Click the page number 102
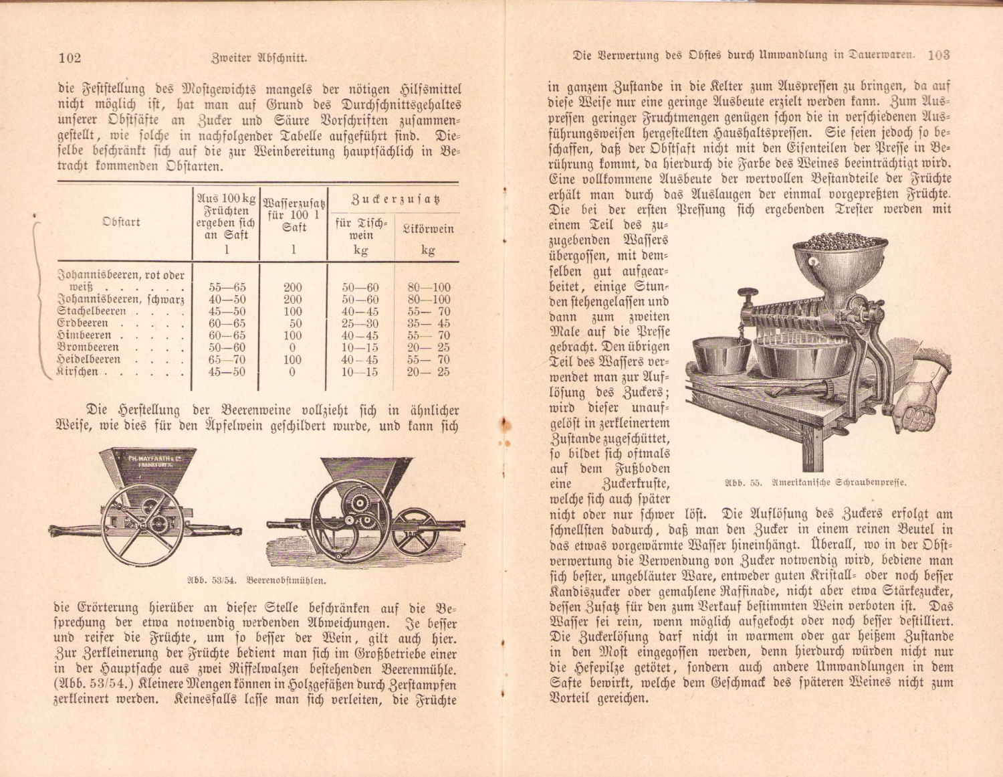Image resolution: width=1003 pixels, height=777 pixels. (70, 58)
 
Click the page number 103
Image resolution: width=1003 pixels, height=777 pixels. (939, 56)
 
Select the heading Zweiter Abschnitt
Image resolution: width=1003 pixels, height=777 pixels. (259, 58)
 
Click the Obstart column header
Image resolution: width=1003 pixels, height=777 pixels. (122, 222)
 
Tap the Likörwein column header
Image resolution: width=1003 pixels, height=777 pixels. (428, 229)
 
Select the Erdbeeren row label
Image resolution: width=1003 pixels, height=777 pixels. (83, 323)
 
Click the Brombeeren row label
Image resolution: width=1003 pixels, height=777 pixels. (89, 347)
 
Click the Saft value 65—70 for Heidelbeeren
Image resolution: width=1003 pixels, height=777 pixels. (227, 359)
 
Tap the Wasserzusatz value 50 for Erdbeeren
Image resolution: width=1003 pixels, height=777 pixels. (292, 323)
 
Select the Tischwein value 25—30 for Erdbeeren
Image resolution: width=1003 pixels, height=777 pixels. (360, 323)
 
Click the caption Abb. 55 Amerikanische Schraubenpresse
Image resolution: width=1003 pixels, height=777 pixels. (816, 482)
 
